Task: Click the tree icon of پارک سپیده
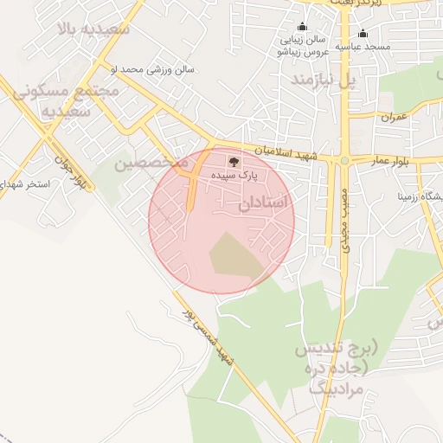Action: pos(233,161)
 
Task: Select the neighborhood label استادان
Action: pos(262,203)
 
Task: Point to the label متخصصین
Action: pos(151,162)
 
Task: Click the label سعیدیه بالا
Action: pos(93,29)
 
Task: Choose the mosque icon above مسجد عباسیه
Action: pos(363,33)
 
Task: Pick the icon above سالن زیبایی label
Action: pos(301,27)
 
